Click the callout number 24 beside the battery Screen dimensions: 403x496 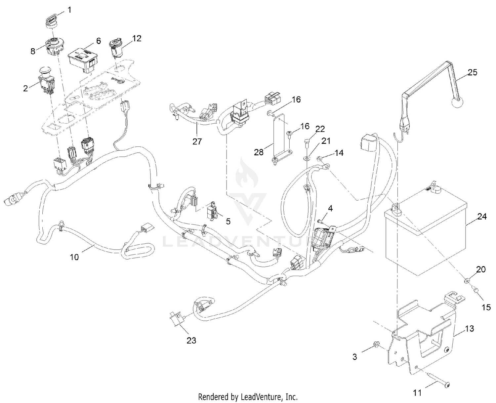(482, 217)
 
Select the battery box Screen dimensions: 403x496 (425, 235)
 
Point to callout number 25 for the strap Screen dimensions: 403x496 (473, 72)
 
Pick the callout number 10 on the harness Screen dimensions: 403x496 (74, 257)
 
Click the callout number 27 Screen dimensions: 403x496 (197, 141)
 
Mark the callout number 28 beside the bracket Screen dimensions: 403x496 (259, 152)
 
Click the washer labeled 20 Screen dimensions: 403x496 (466, 281)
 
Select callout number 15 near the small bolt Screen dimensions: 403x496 (486, 307)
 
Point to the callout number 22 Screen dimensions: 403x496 (320, 129)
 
